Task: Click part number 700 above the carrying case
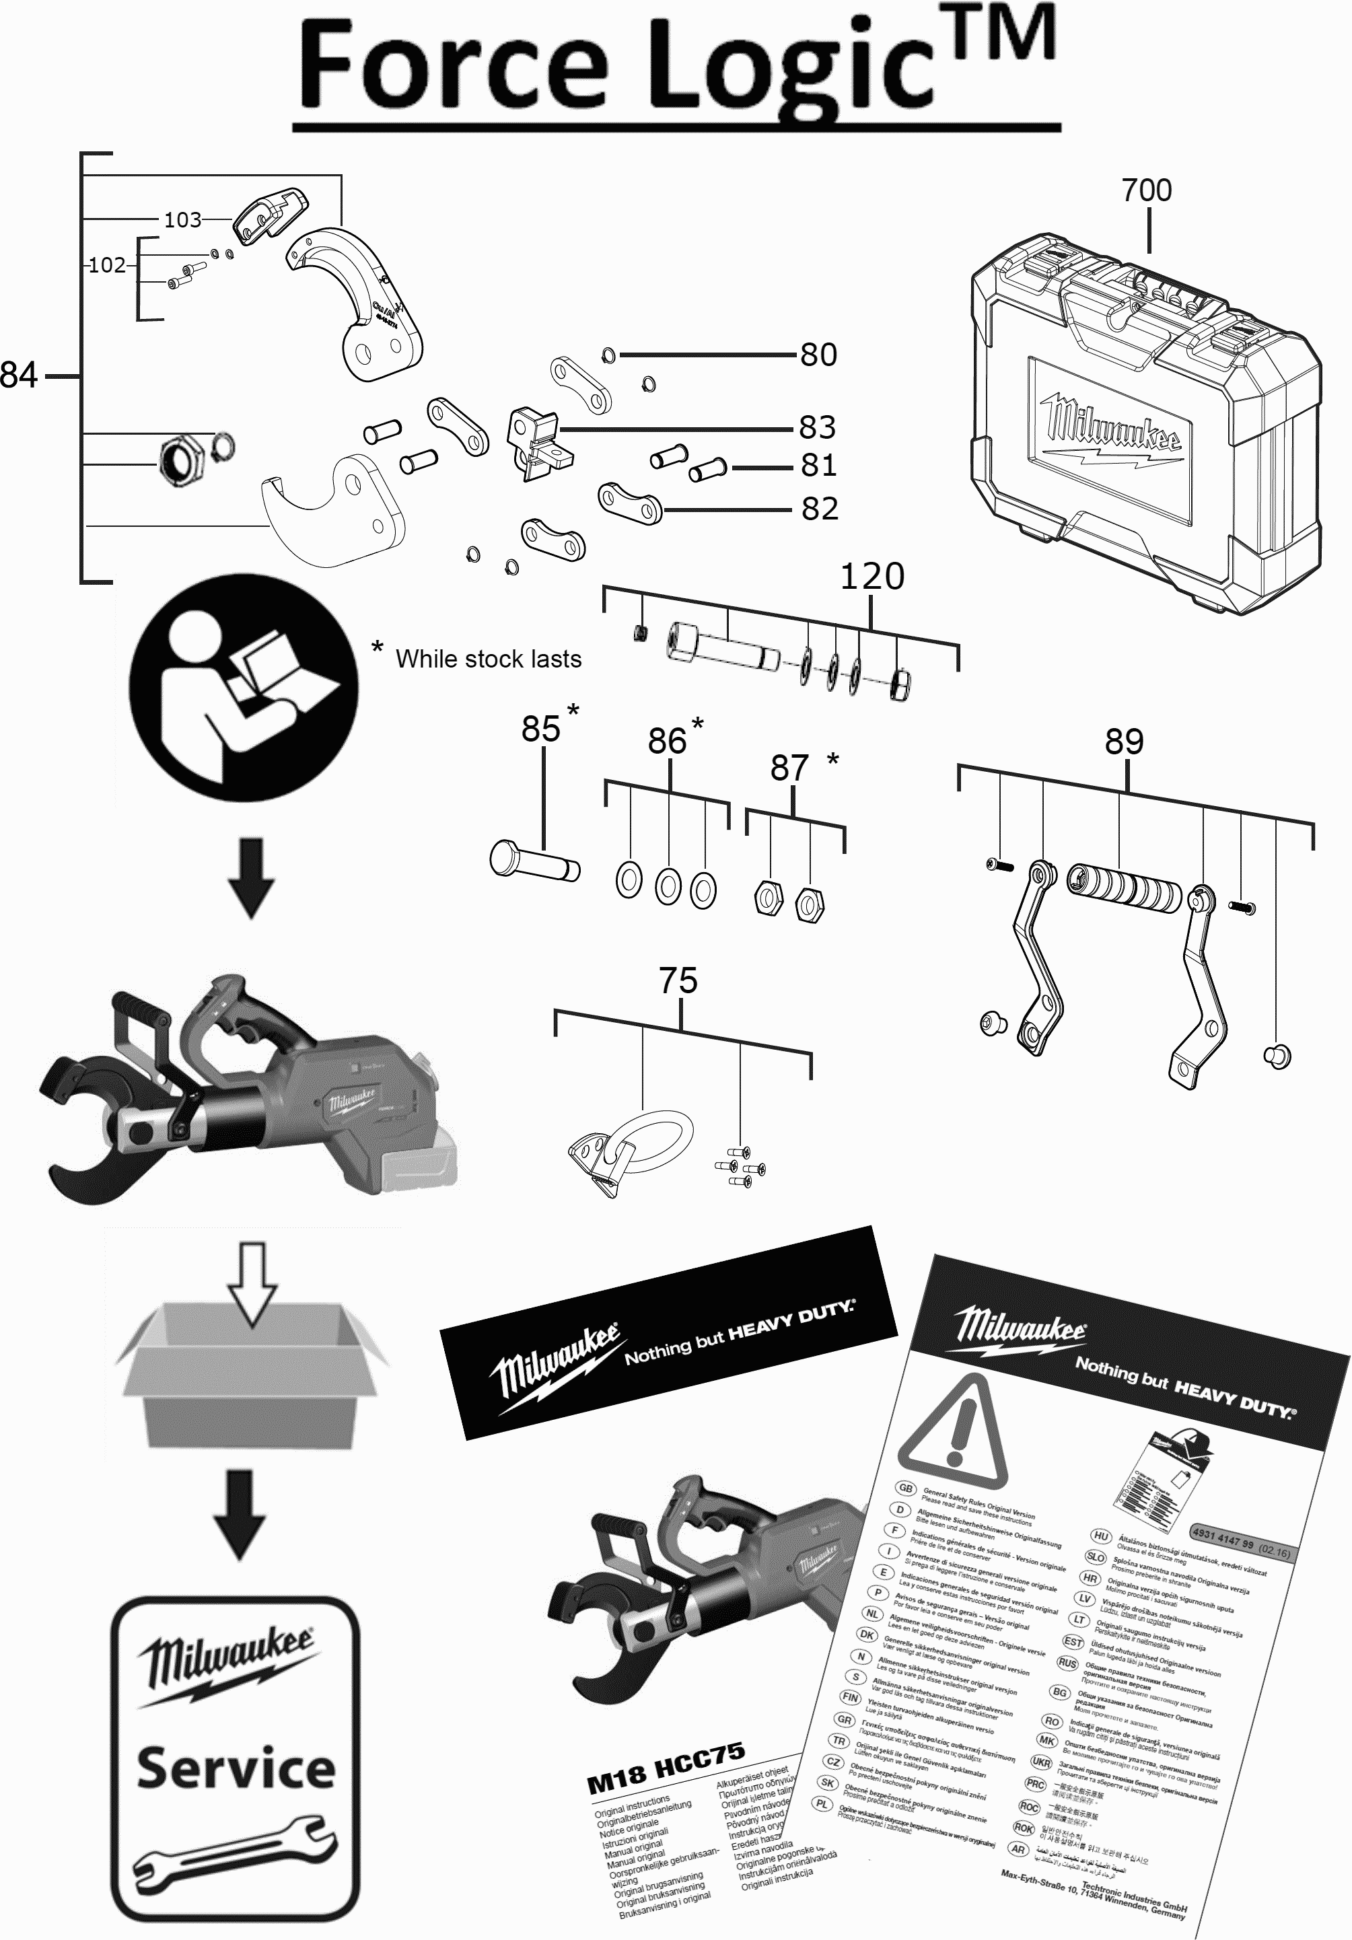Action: [1147, 190]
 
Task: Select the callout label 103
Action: [182, 219]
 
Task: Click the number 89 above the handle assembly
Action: [1124, 742]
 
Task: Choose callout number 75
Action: [678, 981]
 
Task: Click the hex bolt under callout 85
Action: [534, 862]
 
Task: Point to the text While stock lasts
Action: [489, 659]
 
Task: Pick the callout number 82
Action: [820, 509]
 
